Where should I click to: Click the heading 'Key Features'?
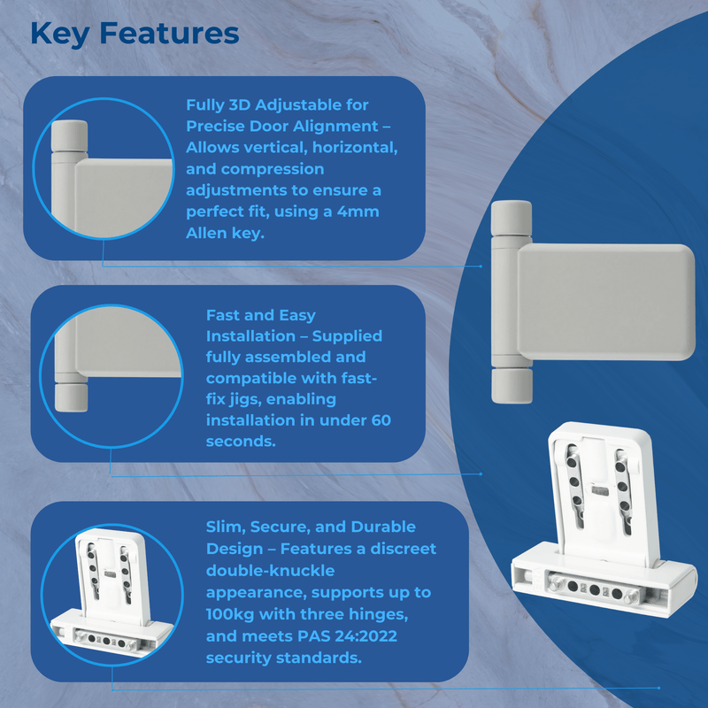pyautogui.click(x=134, y=34)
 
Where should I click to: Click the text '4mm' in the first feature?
pyautogui.click(x=361, y=212)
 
